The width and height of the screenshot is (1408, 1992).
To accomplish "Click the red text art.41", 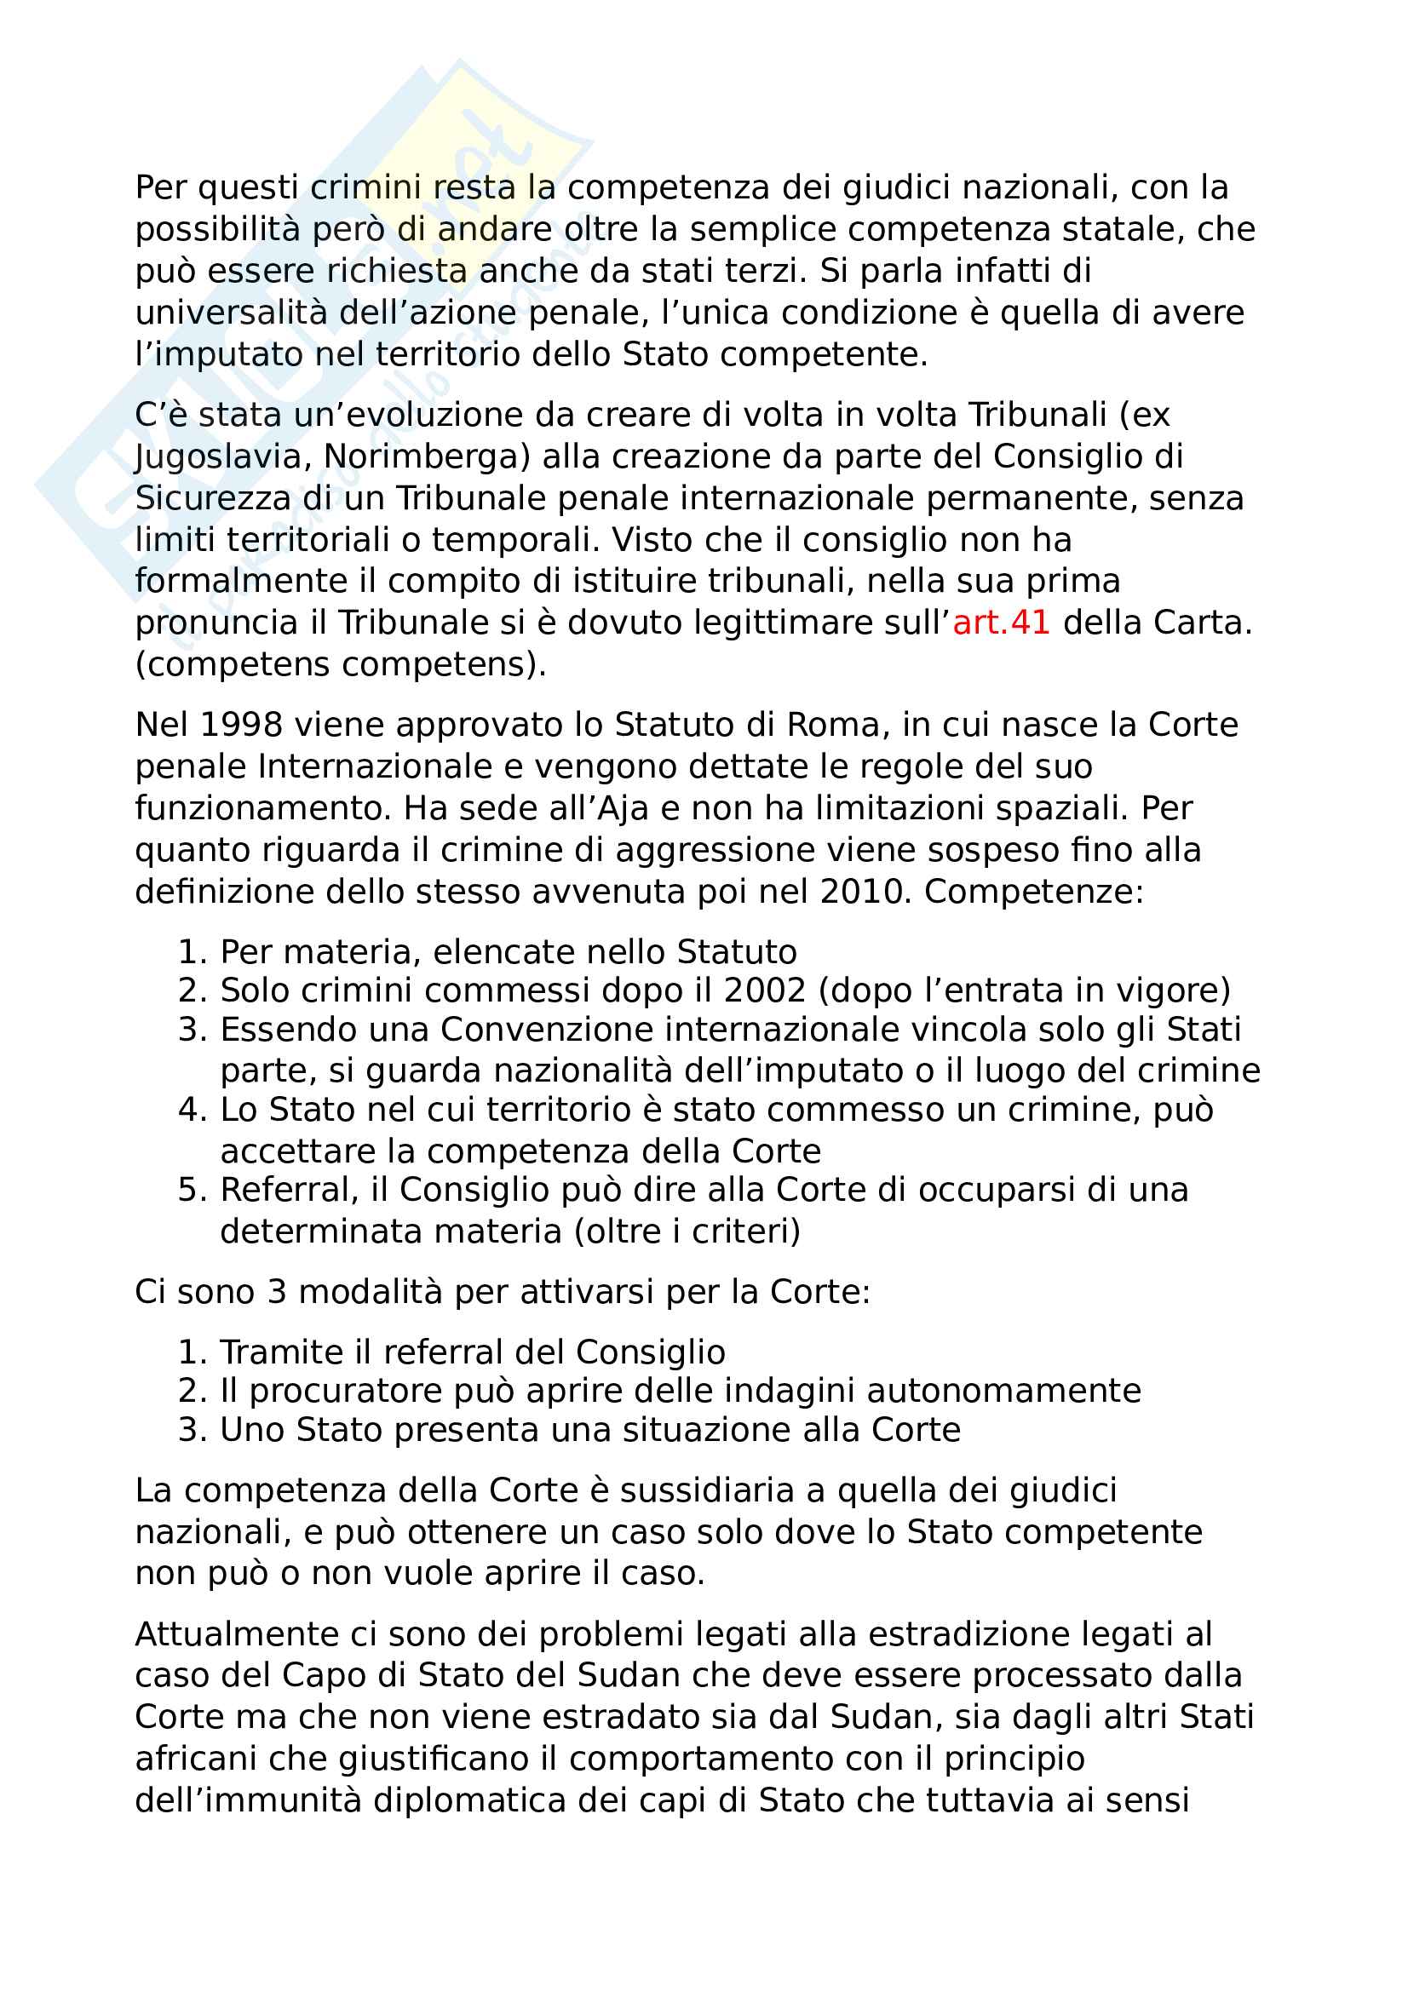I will coord(1001,623).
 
